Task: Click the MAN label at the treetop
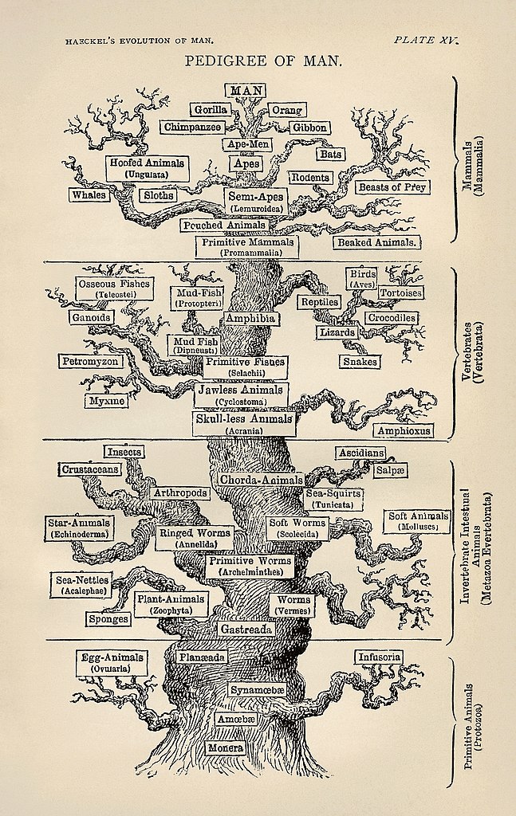pyautogui.click(x=247, y=90)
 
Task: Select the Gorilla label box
pyautogui.click(x=210, y=109)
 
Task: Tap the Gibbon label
pyautogui.click(x=309, y=127)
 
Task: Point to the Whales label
pyautogui.click(x=89, y=195)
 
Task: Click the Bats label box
pyautogui.click(x=330, y=153)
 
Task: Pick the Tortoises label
pyautogui.click(x=400, y=293)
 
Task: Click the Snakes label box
pyautogui.click(x=360, y=362)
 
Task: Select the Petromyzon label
pyautogui.click(x=90, y=362)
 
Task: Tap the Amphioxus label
pyautogui.click(x=404, y=431)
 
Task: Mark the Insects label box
pyautogui.click(x=124, y=452)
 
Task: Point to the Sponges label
pyautogui.click(x=108, y=619)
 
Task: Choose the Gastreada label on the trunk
pyautogui.click(x=246, y=630)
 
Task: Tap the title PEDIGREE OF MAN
pyautogui.click(x=264, y=60)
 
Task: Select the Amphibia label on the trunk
pyautogui.click(x=250, y=318)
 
